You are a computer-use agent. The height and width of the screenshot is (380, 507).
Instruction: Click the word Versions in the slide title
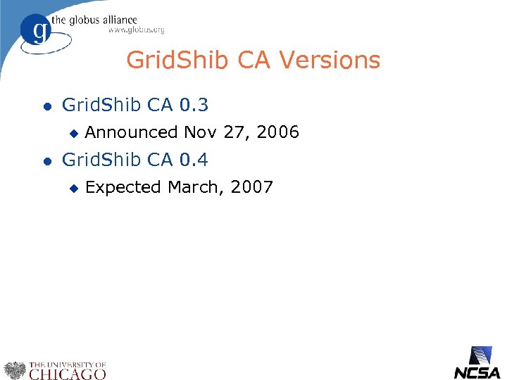pos(330,61)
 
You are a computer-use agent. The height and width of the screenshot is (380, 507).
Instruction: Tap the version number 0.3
pos(194,106)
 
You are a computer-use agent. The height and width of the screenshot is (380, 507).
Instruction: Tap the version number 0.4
pos(194,160)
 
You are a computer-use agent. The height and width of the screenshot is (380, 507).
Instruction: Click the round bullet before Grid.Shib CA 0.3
pos(46,107)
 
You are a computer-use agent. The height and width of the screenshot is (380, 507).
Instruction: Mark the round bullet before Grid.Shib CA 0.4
pos(46,161)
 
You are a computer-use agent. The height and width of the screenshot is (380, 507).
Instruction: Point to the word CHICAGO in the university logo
pos(67,374)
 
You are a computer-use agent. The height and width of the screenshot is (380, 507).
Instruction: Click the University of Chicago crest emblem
pos(15,370)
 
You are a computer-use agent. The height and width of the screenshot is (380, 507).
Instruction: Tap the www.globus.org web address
pos(136,30)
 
